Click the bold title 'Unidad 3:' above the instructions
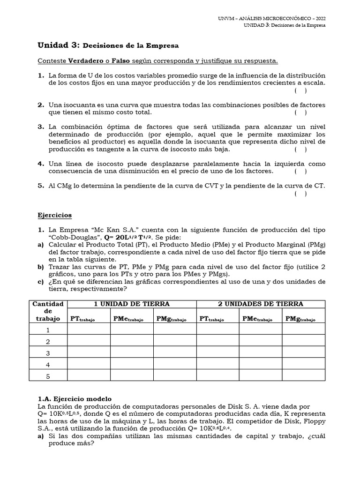[59, 45]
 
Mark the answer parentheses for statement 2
[301, 112]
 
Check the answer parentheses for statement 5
[301, 194]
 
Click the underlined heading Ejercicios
[54, 215]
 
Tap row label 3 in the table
[47, 353]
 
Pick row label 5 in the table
[47, 375]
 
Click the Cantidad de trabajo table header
[47, 311]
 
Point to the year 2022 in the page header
[319, 18]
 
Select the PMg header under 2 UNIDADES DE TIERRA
[300, 319]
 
